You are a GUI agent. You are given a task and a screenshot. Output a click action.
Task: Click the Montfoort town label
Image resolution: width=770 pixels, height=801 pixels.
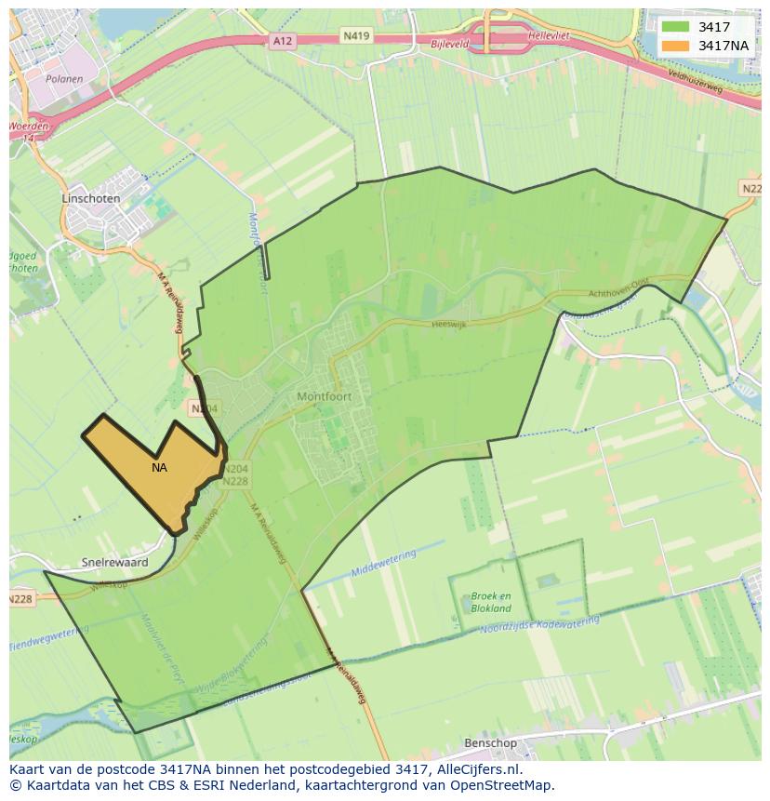tap(325, 396)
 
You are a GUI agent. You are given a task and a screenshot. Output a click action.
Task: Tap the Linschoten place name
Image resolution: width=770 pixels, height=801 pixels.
tap(90, 199)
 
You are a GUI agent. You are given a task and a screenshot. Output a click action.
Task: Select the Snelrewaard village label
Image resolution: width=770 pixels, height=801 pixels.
tap(114, 563)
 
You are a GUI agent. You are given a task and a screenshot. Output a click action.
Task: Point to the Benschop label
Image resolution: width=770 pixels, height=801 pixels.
tap(490, 743)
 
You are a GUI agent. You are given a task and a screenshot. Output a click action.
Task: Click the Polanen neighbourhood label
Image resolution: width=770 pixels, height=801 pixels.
tap(63, 80)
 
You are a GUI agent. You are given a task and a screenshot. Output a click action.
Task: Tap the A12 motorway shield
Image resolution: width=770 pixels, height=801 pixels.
tap(283, 41)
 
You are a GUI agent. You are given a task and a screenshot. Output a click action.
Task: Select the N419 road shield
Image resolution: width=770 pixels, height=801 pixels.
tap(355, 36)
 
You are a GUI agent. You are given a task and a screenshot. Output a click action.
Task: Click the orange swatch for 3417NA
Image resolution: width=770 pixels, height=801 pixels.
tap(676, 46)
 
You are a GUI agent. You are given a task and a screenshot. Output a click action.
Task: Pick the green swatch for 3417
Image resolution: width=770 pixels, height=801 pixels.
tap(676, 27)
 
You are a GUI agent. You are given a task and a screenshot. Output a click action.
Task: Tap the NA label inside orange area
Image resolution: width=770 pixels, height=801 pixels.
tap(159, 468)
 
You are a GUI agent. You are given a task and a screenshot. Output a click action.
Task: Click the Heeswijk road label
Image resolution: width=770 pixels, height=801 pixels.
tap(449, 324)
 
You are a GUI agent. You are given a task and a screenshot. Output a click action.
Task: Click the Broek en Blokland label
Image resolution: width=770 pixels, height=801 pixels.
tap(491, 602)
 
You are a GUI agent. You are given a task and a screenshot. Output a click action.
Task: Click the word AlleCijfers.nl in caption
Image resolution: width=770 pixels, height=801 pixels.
tap(477, 770)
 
